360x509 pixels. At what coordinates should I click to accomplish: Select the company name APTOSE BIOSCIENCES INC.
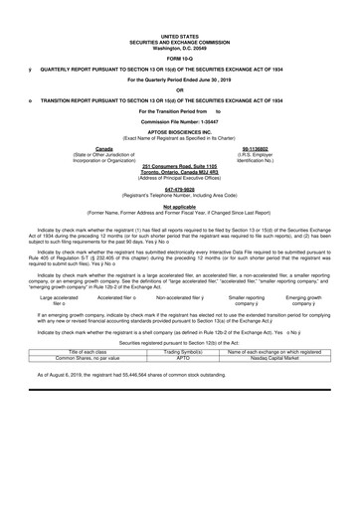point(179,129)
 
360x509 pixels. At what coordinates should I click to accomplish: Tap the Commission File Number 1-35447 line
point(179,119)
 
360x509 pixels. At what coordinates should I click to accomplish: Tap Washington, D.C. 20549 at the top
point(179,23)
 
